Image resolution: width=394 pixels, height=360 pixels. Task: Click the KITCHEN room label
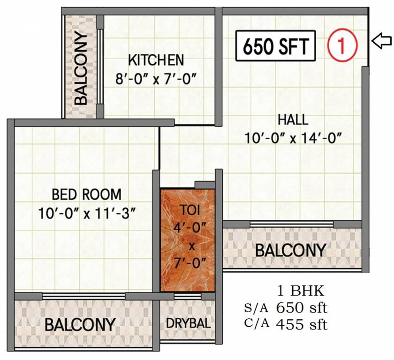coord(156,60)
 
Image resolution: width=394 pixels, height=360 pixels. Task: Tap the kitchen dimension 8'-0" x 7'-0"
coord(156,78)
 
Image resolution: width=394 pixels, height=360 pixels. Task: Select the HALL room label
coord(293,120)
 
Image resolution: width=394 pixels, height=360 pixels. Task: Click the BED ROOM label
coord(86,194)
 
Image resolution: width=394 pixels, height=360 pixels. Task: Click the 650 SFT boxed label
coord(276,46)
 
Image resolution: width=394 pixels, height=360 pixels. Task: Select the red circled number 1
coord(343,45)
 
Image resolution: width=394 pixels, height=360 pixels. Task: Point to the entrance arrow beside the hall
coord(381,41)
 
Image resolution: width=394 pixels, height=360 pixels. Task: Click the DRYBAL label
coord(188,324)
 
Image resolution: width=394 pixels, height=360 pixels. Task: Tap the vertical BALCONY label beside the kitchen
coord(81,68)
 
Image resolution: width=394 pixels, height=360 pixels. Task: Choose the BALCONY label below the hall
coord(290,250)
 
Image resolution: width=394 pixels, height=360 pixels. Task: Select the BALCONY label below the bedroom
coord(80,324)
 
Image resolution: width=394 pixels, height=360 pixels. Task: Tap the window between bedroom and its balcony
coord(83,296)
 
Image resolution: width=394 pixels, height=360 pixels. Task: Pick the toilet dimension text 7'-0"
coord(188,262)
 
